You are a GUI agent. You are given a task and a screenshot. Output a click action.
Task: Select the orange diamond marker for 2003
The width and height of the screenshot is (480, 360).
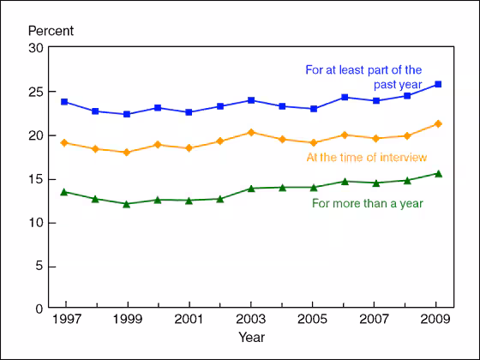click(251, 132)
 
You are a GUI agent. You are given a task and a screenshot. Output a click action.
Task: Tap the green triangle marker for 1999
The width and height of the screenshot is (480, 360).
click(127, 203)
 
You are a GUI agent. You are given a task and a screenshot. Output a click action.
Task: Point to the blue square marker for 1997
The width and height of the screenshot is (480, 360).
click(65, 101)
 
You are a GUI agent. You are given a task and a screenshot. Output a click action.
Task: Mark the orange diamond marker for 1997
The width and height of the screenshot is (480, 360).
click(65, 142)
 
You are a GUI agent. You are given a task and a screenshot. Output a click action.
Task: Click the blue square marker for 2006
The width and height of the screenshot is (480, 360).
click(344, 97)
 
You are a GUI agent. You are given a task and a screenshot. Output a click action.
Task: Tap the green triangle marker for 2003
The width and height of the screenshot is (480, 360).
click(251, 188)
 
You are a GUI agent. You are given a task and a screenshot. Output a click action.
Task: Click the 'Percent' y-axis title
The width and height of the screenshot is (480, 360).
click(51, 31)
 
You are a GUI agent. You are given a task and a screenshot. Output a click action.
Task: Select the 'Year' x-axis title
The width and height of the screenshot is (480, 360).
click(251, 337)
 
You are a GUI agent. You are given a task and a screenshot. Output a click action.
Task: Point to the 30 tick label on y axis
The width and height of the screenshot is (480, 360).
click(36, 48)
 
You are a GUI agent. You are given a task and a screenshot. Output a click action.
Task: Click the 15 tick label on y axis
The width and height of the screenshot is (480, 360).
click(36, 178)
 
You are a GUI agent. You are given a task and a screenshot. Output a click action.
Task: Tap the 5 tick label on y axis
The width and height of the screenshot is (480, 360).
click(39, 266)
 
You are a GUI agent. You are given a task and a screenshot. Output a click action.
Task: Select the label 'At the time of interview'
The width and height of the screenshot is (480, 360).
click(365, 157)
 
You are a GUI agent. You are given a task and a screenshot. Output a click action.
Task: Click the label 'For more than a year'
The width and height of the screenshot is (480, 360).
click(367, 202)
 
